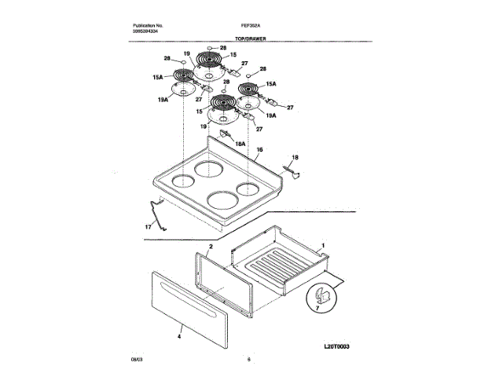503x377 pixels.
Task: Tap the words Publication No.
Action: point(148,25)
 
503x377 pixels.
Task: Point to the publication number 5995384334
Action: point(147,31)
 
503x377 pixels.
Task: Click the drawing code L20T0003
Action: point(337,345)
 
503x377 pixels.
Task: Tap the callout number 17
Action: point(147,227)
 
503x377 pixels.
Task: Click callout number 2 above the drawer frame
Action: point(211,246)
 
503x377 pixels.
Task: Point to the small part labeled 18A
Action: point(227,135)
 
